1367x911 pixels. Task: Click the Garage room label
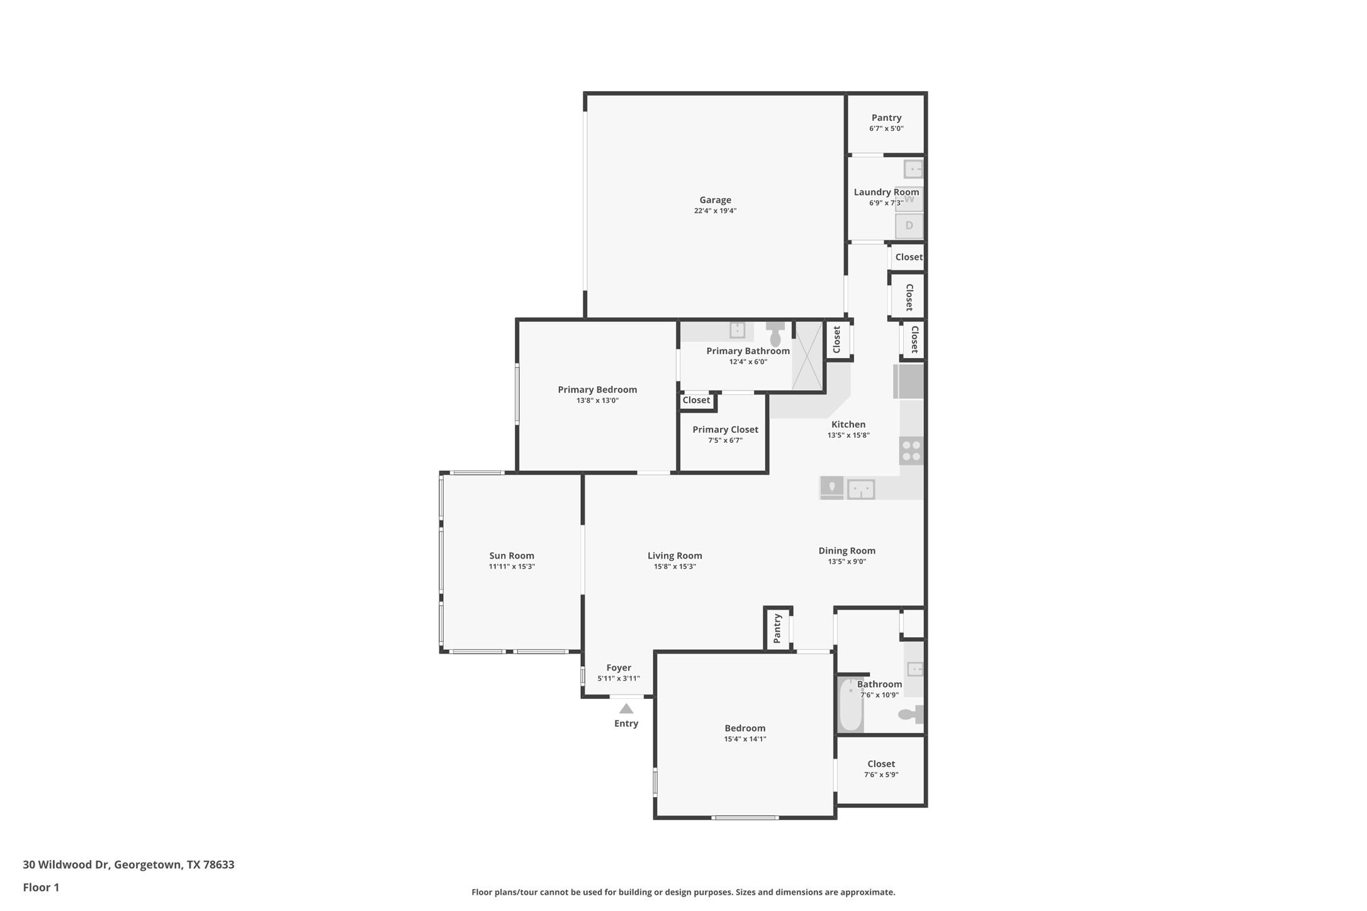[x=715, y=200]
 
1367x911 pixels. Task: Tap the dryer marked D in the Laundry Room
[x=909, y=225]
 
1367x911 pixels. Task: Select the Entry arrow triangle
[x=626, y=708]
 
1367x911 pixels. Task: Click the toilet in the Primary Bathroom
[x=775, y=334]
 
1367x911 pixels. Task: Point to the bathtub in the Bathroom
[x=850, y=705]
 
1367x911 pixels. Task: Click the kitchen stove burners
[x=911, y=451]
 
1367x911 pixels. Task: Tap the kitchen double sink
[x=860, y=489]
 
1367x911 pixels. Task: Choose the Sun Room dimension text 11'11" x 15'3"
[x=512, y=566]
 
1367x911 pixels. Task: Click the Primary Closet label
[x=725, y=429]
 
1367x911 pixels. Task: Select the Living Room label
[x=675, y=556]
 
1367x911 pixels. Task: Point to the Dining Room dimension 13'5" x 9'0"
[x=847, y=561]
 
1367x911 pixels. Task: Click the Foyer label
[x=619, y=668]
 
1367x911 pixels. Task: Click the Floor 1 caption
[x=41, y=888]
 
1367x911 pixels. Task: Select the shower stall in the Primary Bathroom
[x=807, y=356]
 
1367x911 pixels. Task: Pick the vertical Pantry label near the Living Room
[x=777, y=629]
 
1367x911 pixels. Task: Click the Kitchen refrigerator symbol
[x=909, y=382]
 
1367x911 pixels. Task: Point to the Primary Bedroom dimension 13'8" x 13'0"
[x=597, y=400]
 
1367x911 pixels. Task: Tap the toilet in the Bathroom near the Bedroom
[x=910, y=714]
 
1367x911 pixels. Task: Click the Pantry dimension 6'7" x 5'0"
[x=886, y=128]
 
